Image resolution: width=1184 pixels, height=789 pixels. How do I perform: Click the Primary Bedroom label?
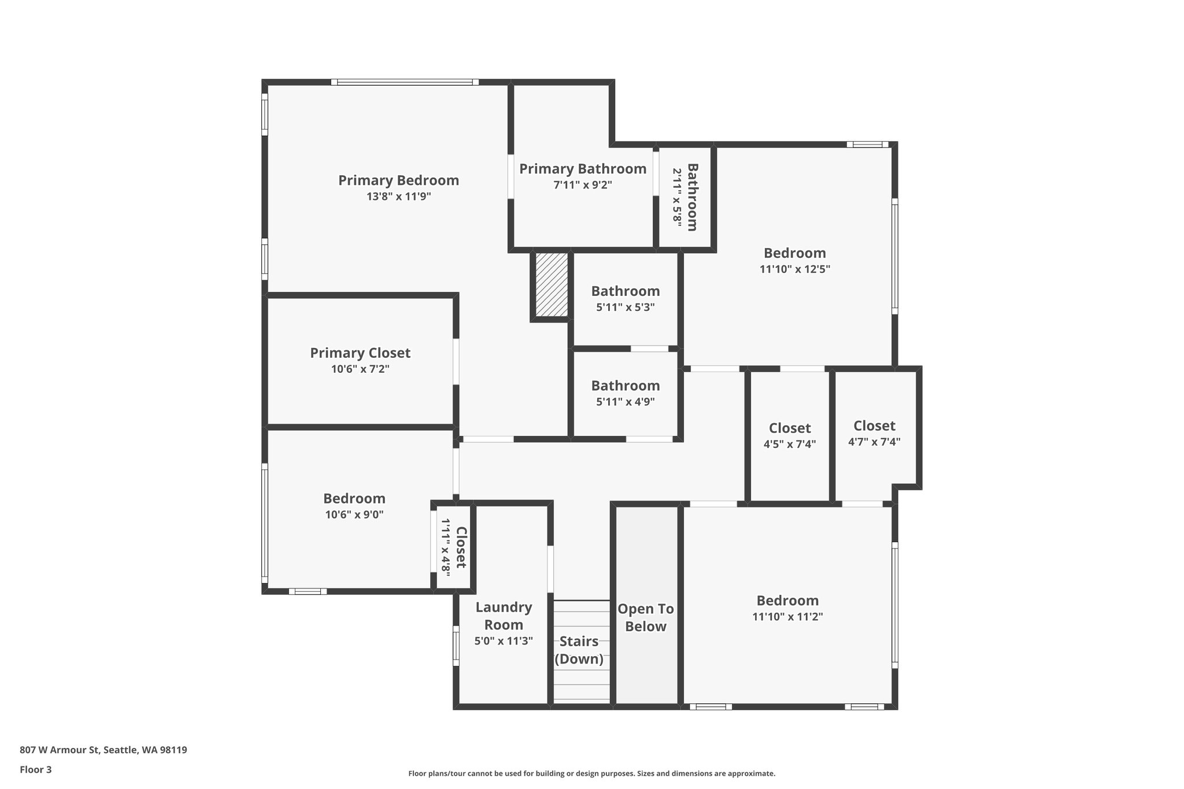point(398,180)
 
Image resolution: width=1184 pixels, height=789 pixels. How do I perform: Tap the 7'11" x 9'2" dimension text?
point(582,185)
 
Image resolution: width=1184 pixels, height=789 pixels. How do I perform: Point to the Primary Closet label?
point(360,353)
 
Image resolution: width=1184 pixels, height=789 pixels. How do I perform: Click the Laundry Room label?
point(504,616)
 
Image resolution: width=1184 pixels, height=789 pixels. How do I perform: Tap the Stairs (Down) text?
point(579,650)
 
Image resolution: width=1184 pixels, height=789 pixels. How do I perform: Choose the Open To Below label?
point(646,617)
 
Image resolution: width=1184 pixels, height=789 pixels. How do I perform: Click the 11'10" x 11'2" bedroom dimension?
point(787,617)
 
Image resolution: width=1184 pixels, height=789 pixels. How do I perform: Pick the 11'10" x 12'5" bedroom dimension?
point(794,269)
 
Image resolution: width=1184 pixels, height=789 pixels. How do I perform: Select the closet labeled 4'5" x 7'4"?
point(789,436)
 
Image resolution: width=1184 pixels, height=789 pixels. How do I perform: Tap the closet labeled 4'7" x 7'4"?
point(874,434)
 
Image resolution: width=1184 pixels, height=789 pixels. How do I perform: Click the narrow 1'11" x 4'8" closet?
point(454,547)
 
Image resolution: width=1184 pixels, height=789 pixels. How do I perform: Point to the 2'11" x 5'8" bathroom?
point(685,197)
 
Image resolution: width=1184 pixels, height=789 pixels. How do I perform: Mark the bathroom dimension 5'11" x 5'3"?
point(625,308)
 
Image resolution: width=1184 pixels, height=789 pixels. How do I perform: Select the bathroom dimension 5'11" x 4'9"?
point(625,402)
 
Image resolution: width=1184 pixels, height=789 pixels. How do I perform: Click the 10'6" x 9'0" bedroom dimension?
point(354,514)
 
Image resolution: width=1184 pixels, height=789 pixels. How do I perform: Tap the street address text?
point(103,750)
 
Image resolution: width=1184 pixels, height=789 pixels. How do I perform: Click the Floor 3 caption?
point(36,769)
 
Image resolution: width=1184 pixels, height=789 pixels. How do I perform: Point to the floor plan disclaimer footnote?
point(591,773)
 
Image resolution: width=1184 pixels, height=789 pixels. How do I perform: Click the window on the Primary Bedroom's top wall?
point(405,82)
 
